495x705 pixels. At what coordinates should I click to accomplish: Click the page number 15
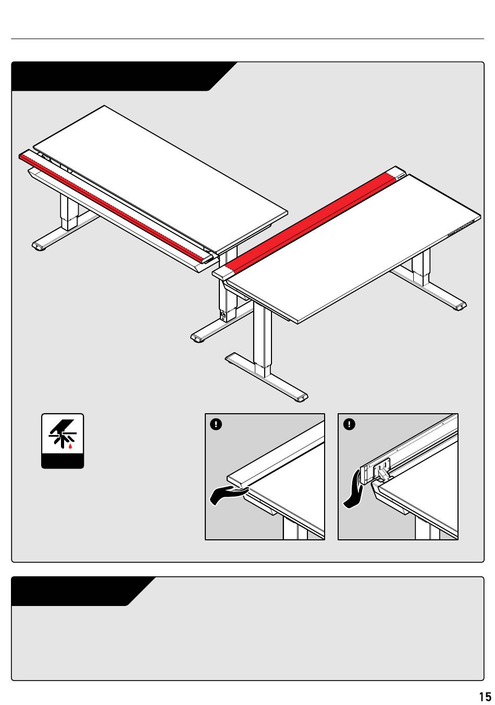click(485, 696)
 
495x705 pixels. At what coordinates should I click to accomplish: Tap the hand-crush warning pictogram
click(63, 441)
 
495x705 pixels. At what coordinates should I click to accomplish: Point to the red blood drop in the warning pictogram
click(70, 446)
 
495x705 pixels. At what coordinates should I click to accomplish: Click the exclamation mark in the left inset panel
click(216, 424)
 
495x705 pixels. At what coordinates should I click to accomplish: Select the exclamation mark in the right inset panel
click(349, 424)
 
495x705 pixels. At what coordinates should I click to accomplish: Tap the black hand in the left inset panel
click(228, 495)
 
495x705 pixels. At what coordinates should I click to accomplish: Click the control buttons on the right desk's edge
click(461, 228)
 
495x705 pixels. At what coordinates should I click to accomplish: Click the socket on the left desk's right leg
click(224, 314)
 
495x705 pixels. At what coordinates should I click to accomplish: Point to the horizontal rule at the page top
click(247, 39)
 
